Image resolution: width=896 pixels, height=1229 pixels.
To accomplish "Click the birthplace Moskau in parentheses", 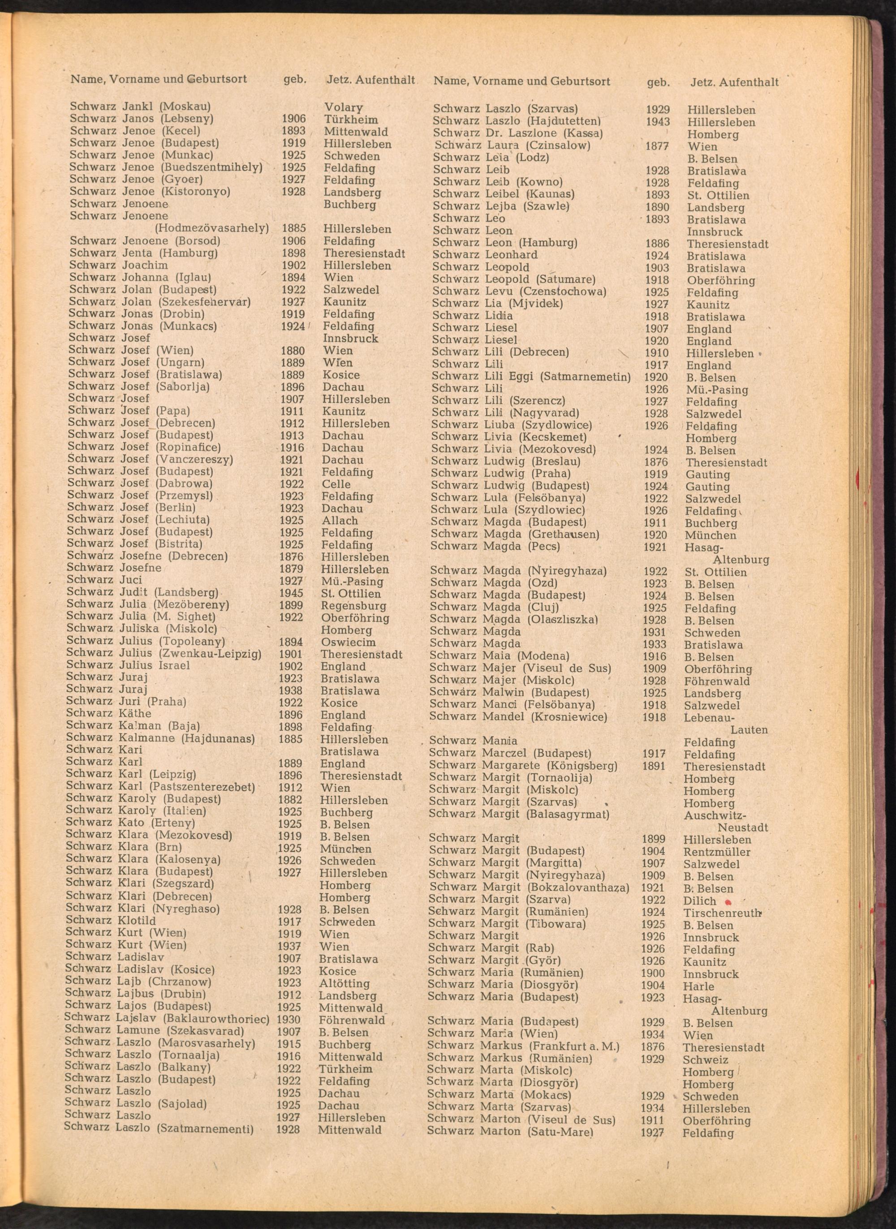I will [186, 106].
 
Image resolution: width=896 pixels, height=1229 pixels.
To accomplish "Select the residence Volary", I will [343, 108].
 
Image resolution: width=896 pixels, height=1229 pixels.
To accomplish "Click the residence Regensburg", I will [353, 606].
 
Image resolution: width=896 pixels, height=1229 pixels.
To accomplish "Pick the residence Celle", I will [336, 484].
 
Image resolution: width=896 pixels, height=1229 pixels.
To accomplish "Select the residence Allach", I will [340, 521].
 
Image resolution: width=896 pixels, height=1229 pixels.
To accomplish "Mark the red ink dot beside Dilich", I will [728, 901].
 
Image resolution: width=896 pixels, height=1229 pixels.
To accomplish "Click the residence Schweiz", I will [705, 1060].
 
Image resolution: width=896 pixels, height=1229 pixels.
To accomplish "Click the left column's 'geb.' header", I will [295, 79].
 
